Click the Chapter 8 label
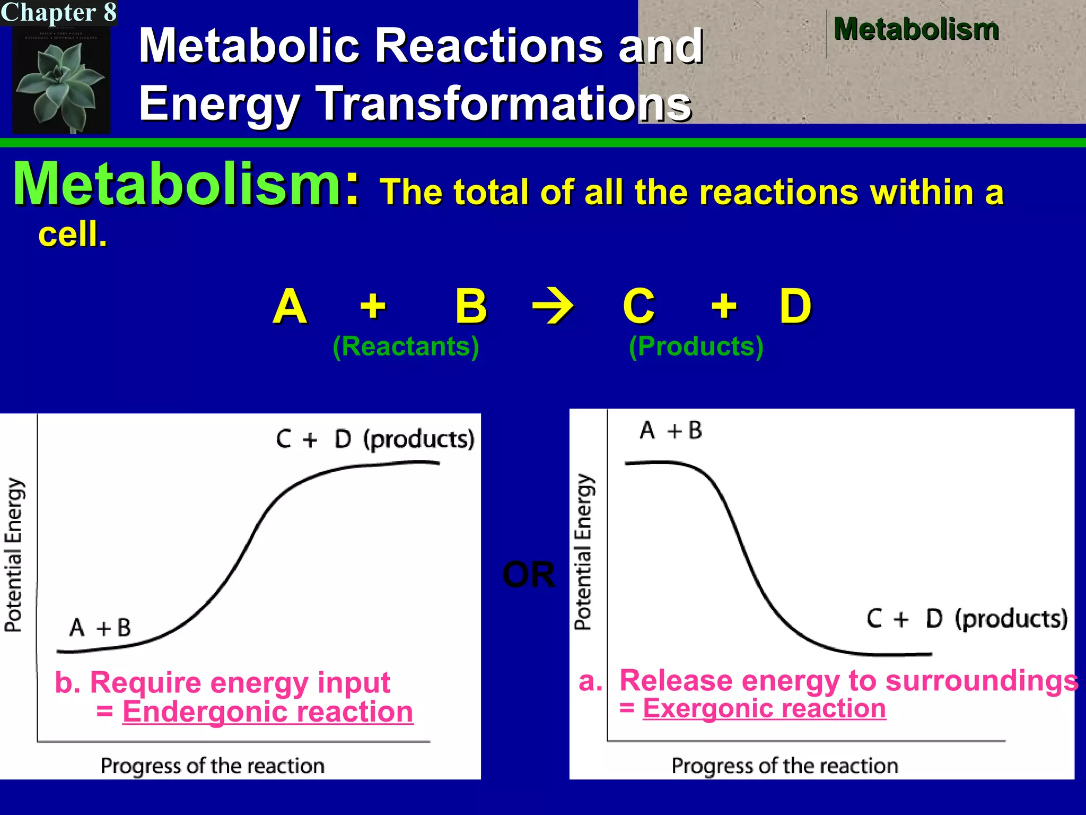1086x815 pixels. pyautogui.click(x=58, y=12)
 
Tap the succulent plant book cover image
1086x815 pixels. pyautogui.click(x=61, y=80)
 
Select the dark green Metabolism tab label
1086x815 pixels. pyautogui.click(x=916, y=29)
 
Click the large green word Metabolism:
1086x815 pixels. pyautogui.click(x=186, y=184)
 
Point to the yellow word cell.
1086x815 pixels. pyautogui.click(x=73, y=234)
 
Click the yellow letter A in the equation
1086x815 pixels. pyautogui.click(x=290, y=306)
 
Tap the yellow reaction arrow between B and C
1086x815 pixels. pyautogui.click(x=553, y=306)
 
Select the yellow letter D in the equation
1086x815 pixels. pyautogui.click(x=795, y=306)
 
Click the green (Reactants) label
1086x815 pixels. pyautogui.click(x=406, y=346)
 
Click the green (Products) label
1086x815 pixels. pyautogui.click(x=696, y=346)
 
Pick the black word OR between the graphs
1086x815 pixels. pyautogui.click(x=528, y=575)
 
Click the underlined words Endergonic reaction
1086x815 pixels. pyautogui.click(x=268, y=712)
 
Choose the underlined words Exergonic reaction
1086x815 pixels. pyautogui.click(x=764, y=708)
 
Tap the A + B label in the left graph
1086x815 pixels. pyautogui.click(x=100, y=628)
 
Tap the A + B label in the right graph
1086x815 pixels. pyautogui.click(x=671, y=430)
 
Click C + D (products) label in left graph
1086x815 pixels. pyautogui.click(x=375, y=439)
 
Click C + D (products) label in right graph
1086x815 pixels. pyautogui.click(x=967, y=619)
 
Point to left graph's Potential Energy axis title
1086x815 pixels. pyautogui.click(x=14, y=554)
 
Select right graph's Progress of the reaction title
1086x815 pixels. pyautogui.click(x=785, y=766)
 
